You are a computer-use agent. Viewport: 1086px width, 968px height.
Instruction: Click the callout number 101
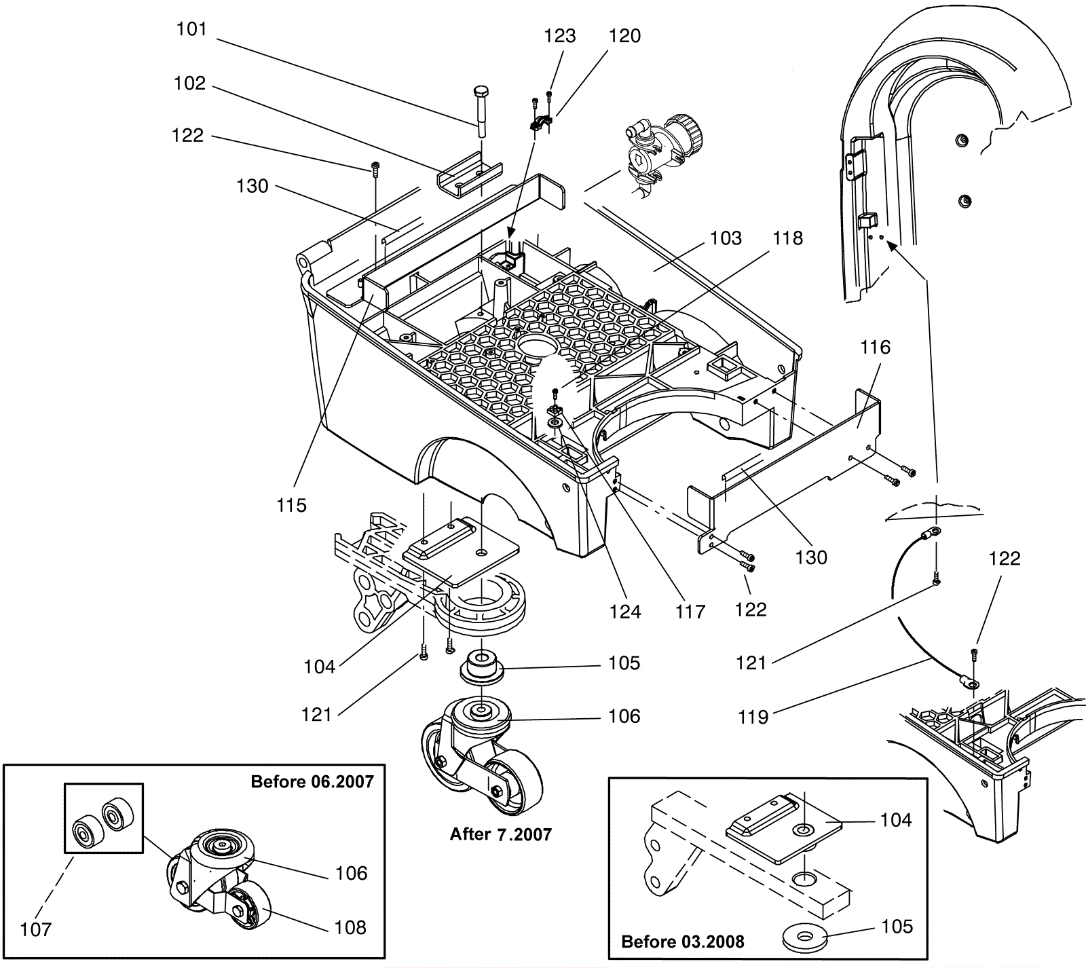[x=191, y=29]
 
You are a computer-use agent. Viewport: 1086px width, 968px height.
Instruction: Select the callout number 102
[x=189, y=83]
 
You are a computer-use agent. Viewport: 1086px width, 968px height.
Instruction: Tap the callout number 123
[x=559, y=36]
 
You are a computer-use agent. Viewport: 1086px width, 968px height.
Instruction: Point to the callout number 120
[x=624, y=36]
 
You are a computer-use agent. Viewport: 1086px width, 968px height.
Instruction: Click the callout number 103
[x=726, y=238]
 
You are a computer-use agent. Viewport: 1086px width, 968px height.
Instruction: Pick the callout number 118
[x=787, y=238]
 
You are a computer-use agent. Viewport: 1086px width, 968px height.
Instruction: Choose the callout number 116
[x=875, y=348]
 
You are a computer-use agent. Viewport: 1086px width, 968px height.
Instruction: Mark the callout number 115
[x=291, y=505]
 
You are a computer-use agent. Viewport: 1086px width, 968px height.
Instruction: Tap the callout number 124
[x=624, y=612]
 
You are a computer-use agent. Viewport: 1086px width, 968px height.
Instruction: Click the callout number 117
[x=690, y=612]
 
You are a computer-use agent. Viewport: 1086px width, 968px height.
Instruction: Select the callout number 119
[x=753, y=717]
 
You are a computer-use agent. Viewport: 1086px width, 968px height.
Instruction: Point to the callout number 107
[x=36, y=929]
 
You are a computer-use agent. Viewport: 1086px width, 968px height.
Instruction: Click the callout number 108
[x=350, y=927]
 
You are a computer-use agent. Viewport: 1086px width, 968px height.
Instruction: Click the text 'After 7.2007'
[x=501, y=834]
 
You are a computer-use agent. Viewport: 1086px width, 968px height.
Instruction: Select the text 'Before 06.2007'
[x=312, y=782]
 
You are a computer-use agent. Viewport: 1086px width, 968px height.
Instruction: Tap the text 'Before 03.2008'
[x=683, y=942]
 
